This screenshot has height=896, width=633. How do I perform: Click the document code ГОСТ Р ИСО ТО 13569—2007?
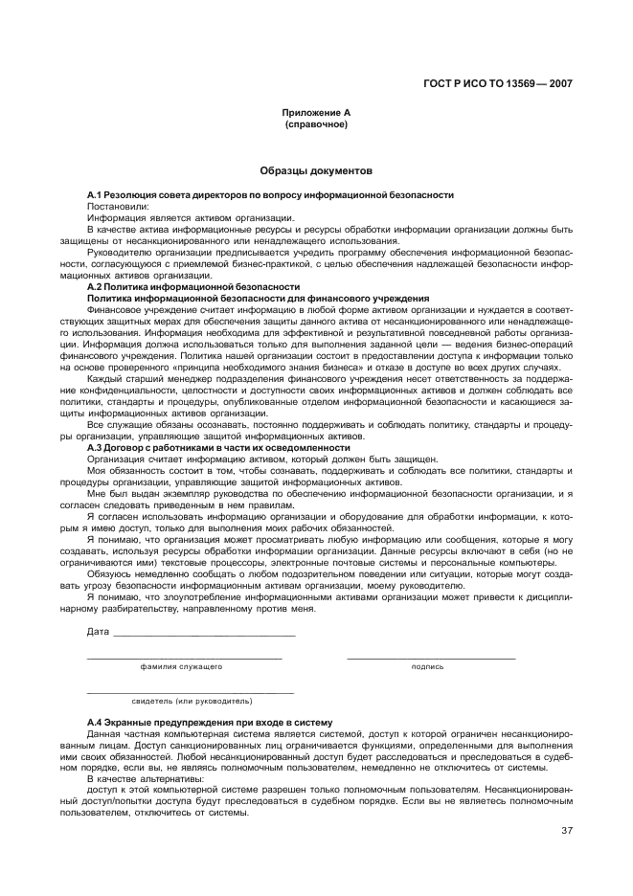coord(497,83)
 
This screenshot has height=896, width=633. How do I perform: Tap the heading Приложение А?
coord(315,113)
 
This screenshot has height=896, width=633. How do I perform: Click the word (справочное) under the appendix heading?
coord(316,124)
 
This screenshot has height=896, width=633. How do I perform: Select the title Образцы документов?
coord(315,171)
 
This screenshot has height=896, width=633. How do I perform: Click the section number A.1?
coord(94,195)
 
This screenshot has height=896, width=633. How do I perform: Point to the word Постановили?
coord(118,206)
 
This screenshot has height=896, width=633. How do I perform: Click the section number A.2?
coord(94,286)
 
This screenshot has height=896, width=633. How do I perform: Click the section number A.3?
coord(94,448)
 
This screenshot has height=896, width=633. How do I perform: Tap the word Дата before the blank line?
coord(98,632)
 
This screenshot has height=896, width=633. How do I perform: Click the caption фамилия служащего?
coord(181,666)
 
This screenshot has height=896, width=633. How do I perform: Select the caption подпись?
coord(428,666)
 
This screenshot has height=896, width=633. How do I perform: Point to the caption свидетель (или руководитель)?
coord(192,701)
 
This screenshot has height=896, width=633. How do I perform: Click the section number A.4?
coord(94,722)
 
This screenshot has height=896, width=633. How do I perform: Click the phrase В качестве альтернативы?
coord(132,778)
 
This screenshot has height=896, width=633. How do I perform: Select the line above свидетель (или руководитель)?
coord(190,692)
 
